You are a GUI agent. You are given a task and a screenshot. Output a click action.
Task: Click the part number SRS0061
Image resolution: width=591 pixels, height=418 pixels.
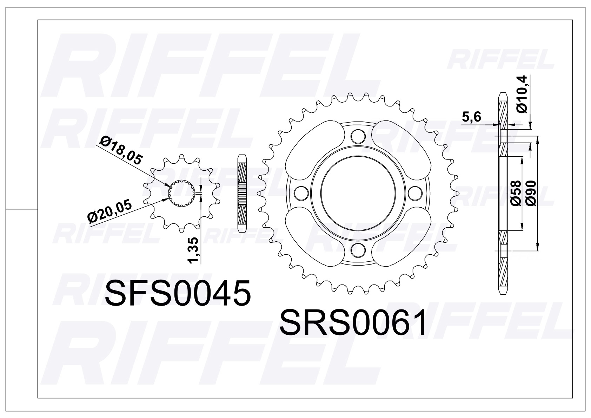353,322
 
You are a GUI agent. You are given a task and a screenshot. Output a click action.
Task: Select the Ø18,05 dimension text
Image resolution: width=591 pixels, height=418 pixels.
120,151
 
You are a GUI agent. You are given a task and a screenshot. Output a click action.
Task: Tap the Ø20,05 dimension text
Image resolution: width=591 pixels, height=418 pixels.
109,211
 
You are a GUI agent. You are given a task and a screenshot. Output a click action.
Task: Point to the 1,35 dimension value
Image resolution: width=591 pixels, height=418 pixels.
194,250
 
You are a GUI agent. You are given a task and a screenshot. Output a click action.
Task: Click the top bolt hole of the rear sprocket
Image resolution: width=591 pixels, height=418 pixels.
358,136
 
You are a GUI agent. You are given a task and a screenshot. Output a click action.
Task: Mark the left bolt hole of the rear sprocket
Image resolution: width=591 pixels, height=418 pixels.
301,193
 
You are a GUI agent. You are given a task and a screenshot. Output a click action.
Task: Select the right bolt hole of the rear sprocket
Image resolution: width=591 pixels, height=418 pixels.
416,193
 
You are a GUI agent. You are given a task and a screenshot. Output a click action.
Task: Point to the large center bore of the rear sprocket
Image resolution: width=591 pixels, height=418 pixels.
358,193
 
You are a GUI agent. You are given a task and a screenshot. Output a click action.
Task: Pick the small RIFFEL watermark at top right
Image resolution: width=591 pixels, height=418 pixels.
500,60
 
